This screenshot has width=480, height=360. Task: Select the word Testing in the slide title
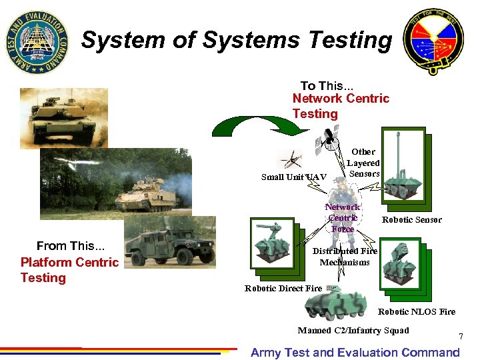click(x=350, y=41)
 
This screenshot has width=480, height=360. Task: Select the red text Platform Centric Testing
click(x=69, y=270)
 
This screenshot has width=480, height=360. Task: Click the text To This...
click(x=327, y=86)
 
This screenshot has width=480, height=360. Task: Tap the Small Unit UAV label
click(x=294, y=177)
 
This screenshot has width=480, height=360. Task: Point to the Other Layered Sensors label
click(x=363, y=163)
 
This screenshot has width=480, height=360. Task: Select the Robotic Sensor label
click(x=411, y=220)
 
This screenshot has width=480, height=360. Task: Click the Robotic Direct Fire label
click(x=283, y=289)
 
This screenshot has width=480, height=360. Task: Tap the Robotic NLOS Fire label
click(x=417, y=311)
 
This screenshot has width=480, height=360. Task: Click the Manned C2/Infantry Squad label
click(x=353, y=331)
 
